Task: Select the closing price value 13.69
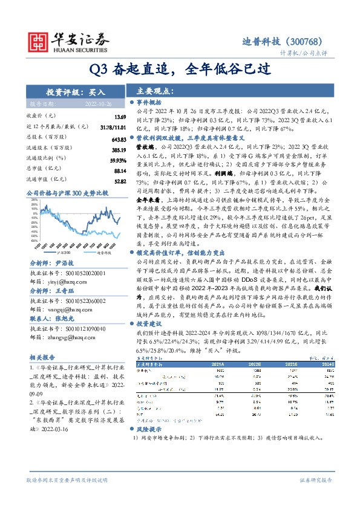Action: click(119, 116)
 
